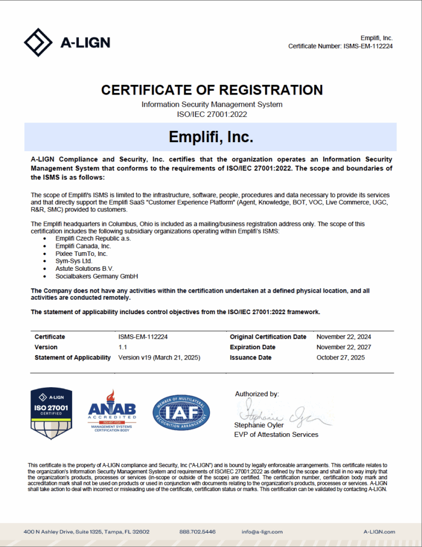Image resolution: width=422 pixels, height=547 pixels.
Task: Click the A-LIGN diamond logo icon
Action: (38, 42)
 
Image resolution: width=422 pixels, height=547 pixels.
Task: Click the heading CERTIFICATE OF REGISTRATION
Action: (212, 90)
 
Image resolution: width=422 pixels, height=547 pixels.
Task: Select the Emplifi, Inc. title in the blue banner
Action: (211, 137)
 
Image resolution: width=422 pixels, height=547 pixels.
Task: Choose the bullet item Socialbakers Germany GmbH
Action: (97, 276)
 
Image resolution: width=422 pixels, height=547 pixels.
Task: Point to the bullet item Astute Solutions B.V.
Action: (84, 268)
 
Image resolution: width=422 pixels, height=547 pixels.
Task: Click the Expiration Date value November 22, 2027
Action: (344, 347)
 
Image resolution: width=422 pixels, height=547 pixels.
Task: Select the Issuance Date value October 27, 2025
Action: (340, 357)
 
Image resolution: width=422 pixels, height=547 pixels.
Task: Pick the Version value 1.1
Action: (123, 347)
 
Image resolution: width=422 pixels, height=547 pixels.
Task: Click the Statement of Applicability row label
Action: (73, 357)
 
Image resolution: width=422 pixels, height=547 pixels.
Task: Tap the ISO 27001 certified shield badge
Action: (52, 414)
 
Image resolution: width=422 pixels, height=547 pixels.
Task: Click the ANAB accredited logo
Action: (112, 412)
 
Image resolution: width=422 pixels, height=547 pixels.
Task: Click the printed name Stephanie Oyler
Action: (259, 425)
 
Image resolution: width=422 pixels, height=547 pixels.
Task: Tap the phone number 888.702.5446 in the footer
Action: (197, 532)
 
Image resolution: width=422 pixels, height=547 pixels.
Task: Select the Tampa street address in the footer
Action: (86, 532)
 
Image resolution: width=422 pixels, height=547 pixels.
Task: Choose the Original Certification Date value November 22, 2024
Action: (344, 337)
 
